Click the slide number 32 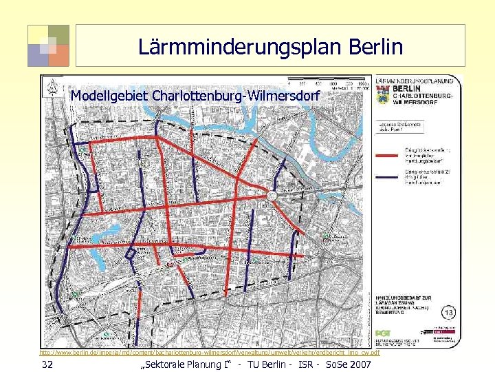pyautogui.click(x=47, y=364)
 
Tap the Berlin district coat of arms pyautogui.click(x=383, y=98)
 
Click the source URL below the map pyautogui.click(x=210, y=352)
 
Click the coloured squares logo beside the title pyautogui.click(x=48, y=45)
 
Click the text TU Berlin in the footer pyautogui.click(x=272, y=364)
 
